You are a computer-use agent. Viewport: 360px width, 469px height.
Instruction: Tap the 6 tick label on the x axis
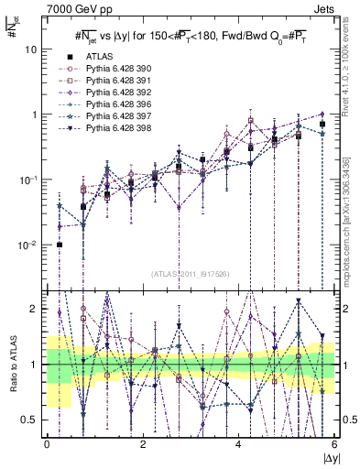pyautogui.click(x=334, y=444)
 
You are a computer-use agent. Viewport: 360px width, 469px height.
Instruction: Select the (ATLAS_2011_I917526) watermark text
pyautogui.click(x=189, y=275)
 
